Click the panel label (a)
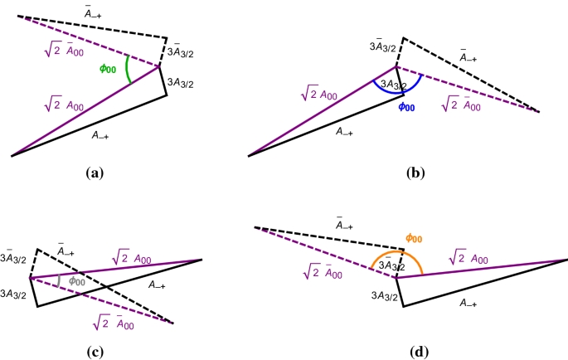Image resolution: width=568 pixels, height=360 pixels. [93, 173]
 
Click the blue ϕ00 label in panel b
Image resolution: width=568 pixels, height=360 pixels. [406, 107]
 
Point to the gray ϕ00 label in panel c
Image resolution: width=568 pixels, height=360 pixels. [76, 280]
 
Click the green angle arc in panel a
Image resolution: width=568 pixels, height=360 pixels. [127, 70]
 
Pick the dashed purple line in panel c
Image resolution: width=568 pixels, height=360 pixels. [100, 299]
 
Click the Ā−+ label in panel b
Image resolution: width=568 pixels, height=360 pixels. [473, 56]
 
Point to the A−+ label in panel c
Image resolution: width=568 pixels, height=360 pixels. [158, 285]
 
